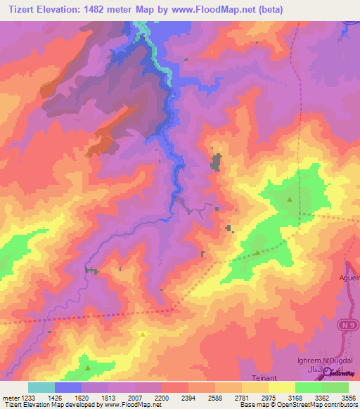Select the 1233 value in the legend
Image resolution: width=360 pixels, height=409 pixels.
point(27,398)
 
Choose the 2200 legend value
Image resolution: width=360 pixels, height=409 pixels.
point(162,398)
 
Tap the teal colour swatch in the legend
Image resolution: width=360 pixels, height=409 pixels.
point(41,387)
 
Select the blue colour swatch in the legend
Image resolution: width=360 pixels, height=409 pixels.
point(67,387)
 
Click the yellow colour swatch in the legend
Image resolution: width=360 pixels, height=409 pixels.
point(281,387)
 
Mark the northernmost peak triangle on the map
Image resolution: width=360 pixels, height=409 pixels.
point(290,200)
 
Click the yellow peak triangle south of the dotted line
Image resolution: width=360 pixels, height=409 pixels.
point(143,335)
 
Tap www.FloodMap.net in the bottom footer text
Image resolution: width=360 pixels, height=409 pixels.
point(128,405)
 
